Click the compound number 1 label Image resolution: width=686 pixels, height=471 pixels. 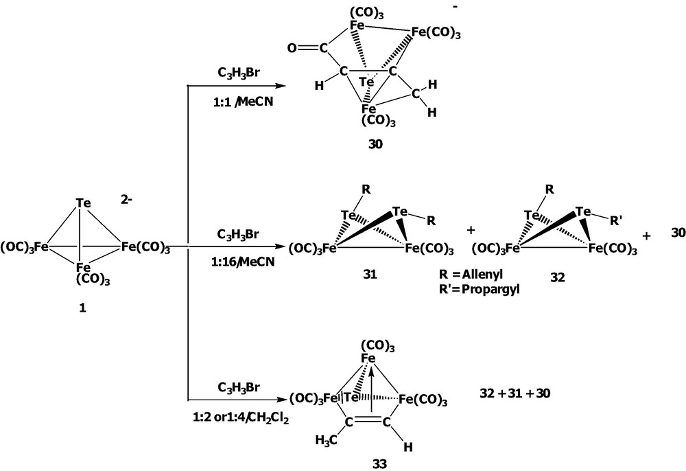(x=82, y=309)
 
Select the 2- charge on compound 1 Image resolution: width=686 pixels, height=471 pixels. (x=128, y=205)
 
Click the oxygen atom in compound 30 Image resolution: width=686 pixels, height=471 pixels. (x=294, y=48)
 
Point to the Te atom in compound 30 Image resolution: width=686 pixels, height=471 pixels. (x=368, y=82)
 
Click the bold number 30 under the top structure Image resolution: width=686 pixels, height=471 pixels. (x=373, y=145)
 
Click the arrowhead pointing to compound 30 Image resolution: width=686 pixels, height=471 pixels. (x=281, y=86)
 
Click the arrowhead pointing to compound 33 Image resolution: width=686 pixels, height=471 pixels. (x=281, y=399)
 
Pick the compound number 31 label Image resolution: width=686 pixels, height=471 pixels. (x=373, y=273)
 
